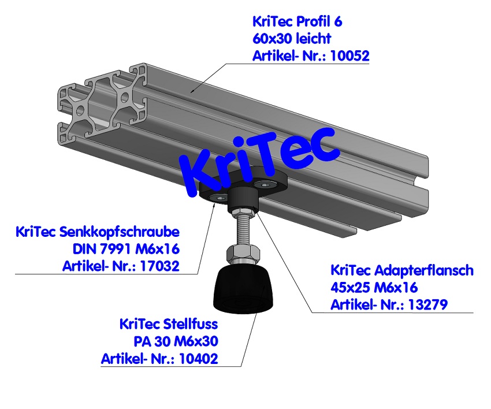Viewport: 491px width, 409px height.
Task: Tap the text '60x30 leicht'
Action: tap(292, 39)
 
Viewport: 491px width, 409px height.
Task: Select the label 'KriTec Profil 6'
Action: tap(297, 22)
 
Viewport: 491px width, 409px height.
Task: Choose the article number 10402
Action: tap(199, 359)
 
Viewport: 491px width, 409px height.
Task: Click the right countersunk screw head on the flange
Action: tap(265, 185)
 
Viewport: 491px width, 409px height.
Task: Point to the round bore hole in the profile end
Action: tap(81, 110)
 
